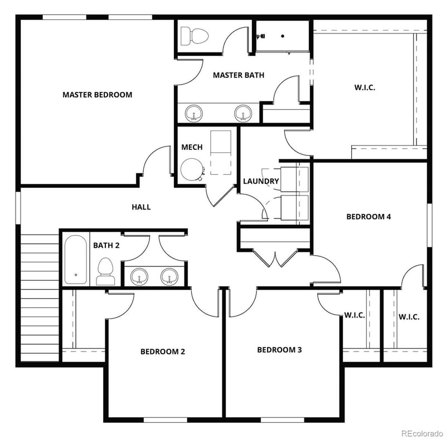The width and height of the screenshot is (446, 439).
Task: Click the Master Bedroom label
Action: (97, 95)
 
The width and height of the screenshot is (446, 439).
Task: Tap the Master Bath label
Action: (238, 75)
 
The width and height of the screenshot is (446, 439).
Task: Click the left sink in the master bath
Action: (194, 113)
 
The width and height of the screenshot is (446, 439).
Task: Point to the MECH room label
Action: (192, 148)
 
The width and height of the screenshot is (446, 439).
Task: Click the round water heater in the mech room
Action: (192, 169)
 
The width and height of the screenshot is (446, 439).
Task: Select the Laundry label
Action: (261, 181)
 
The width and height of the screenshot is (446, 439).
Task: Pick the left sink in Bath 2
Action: (140, 276)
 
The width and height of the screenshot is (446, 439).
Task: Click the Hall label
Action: (141, 207)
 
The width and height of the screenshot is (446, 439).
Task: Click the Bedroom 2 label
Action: (163, 352)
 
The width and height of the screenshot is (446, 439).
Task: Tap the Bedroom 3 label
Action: (279, 350)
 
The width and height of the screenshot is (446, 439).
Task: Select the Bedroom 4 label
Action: (369, 217)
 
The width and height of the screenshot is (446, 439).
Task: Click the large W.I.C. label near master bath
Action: (365, 87)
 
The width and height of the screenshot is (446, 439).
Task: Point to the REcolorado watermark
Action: (421, 432)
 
